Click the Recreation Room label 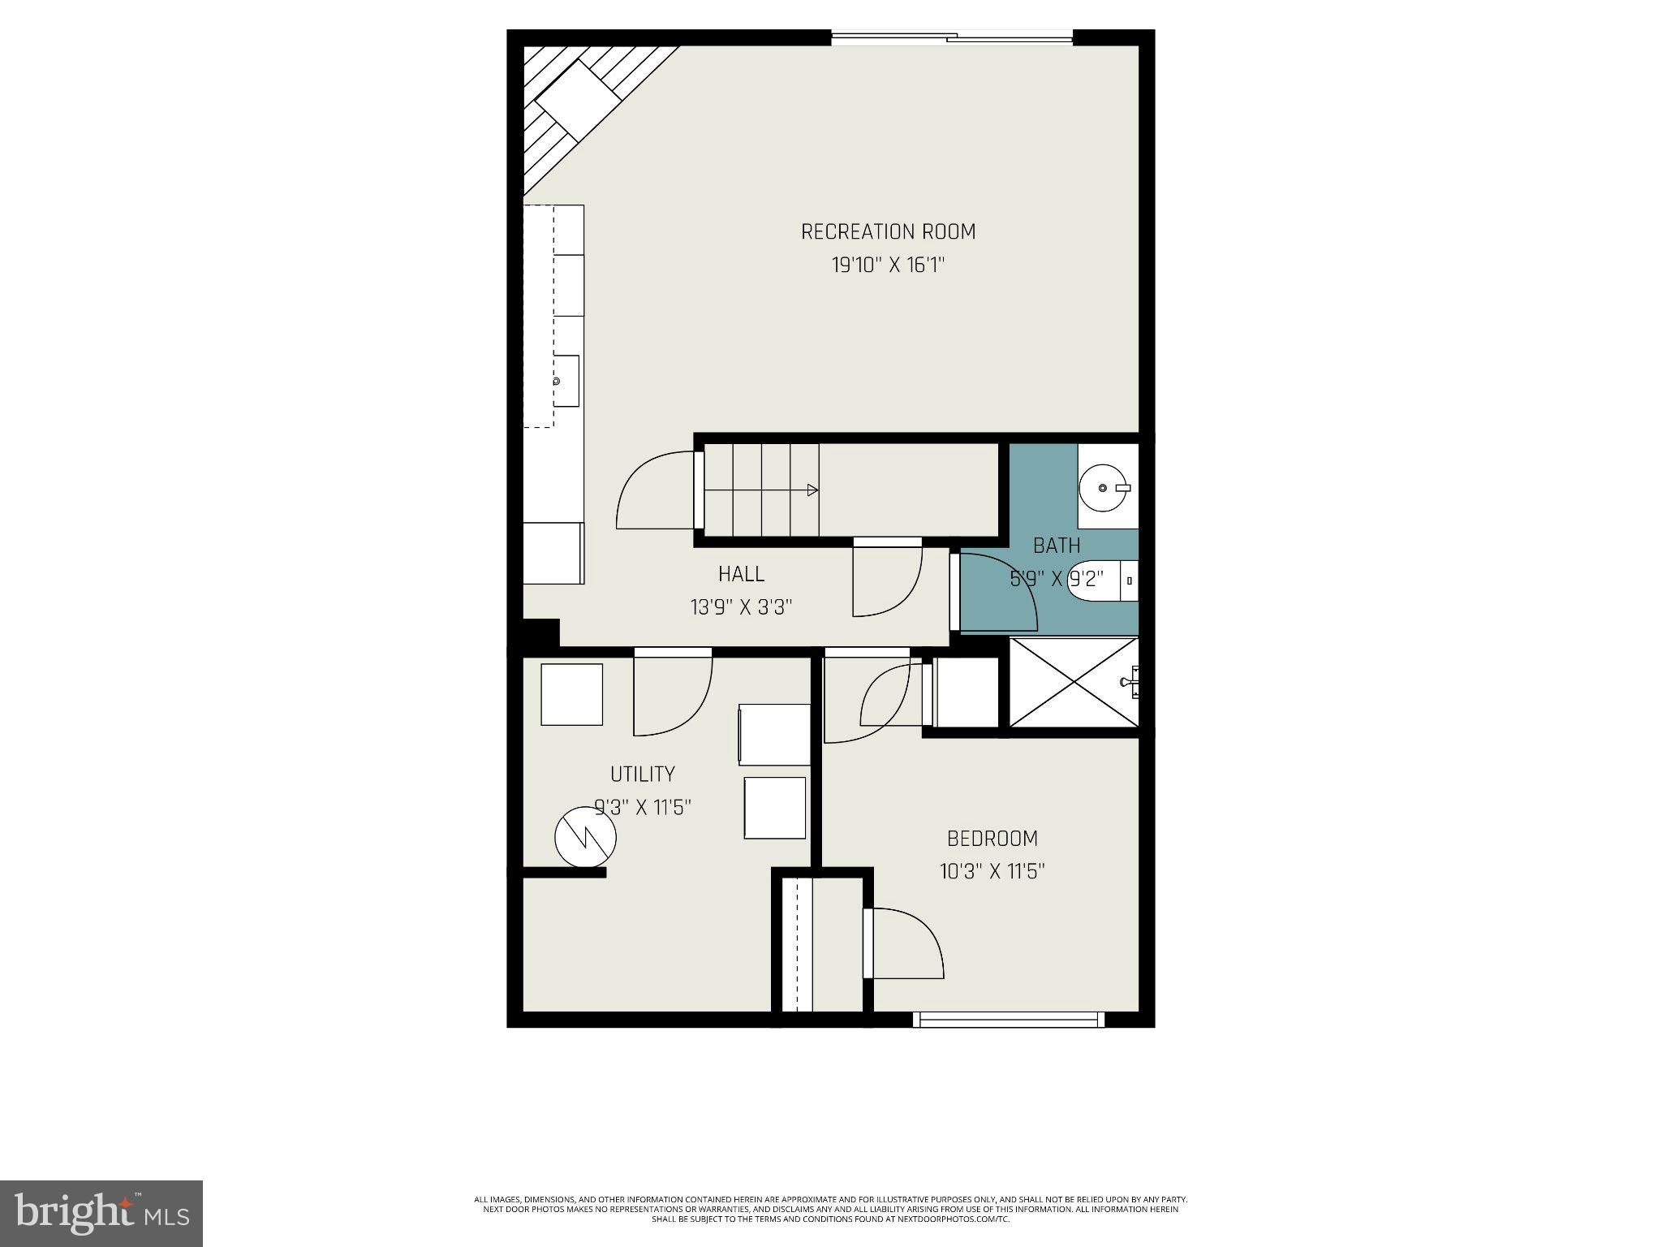888,232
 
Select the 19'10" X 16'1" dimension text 888,265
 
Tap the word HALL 741,574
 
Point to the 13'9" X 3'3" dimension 741,607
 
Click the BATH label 1057,546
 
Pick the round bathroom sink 1104,488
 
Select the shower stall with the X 1073,682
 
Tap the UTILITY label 642,774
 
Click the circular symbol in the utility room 585,837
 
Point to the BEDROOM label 992,838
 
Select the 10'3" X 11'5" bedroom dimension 992,872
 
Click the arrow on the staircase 812,490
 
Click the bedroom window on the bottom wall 1008,1019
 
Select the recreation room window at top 951,37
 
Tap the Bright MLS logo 101,1213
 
